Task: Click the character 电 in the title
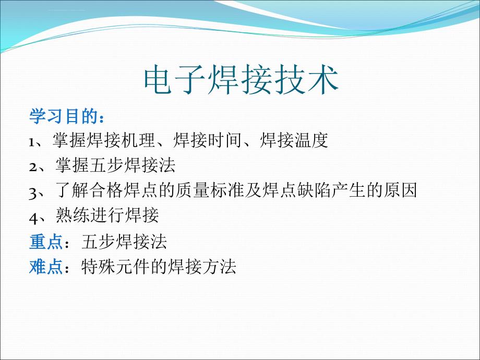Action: pos(158,80)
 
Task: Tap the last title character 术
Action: pos(323,80)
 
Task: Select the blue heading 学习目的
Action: pos(64,116)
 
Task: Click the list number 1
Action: pos(31,142)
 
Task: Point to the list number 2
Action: pos(33,167)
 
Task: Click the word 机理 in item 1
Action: pos(138,140)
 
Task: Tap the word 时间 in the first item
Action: pos(225,140)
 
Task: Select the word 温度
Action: pos(311,140)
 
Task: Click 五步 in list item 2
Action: pos(106,165)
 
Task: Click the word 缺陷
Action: pos(313,190)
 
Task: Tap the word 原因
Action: pos(400,190)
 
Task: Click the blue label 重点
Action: pos(46,242)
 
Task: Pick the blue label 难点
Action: pos(46,267)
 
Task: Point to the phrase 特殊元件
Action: pos(116,267)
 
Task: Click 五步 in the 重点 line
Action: pos(99,242)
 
